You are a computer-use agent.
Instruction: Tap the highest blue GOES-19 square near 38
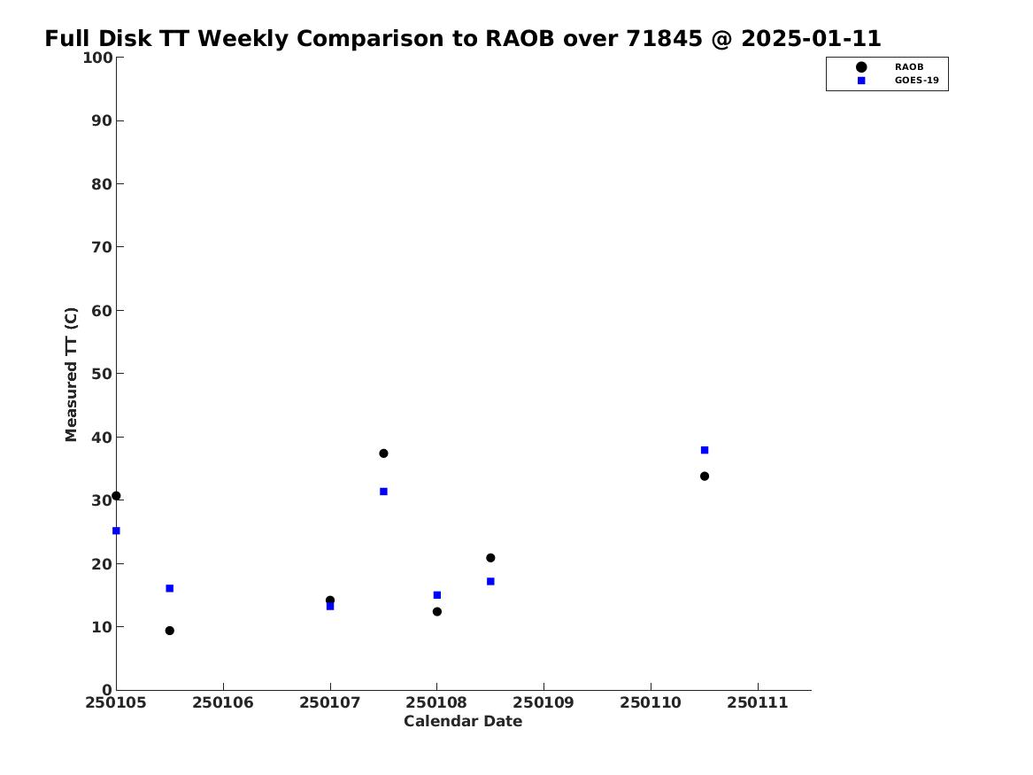pyautogui.click(x=705, y=450)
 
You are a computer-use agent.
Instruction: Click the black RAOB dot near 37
pyautogui.click(x=383, y=453)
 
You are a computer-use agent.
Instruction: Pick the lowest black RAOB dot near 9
pyautogui.click(x=169, y=631)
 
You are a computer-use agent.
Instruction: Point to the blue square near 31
pyautogui.click(x=383, y=492)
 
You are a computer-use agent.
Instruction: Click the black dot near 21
pyautogui.click(x=490, y=558)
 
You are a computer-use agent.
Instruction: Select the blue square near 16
pyautogui.click(x=169, y=588)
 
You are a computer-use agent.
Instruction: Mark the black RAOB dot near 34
pyautogui.click(x=705, y=477)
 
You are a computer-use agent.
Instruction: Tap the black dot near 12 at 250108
pyautogui.click(x=436, y=611)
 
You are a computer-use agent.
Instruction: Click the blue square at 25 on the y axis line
pyautogui.click(x=116, y=531)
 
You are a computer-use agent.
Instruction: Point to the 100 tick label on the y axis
pyautogui.click(x=97, y=58)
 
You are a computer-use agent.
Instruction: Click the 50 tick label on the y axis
pyautogui.click(x=102, y=374)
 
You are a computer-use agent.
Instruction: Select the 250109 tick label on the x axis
pyautogui.click(x=543, y=703)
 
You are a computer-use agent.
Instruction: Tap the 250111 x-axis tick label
pyautogui.click(x=758, y=703)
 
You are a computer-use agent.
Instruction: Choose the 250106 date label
pyautogui.click(x=223, y=703)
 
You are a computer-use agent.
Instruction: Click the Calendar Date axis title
pyautogui.click(x=463, y=722)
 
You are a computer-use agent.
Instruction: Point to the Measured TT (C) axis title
pyautogui.click(x=71, y=375)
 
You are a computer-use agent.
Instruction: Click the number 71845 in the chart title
pyautogui.click(x=664, y=39)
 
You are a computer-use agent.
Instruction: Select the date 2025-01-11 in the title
pyautogui.click(x=811, y=39)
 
